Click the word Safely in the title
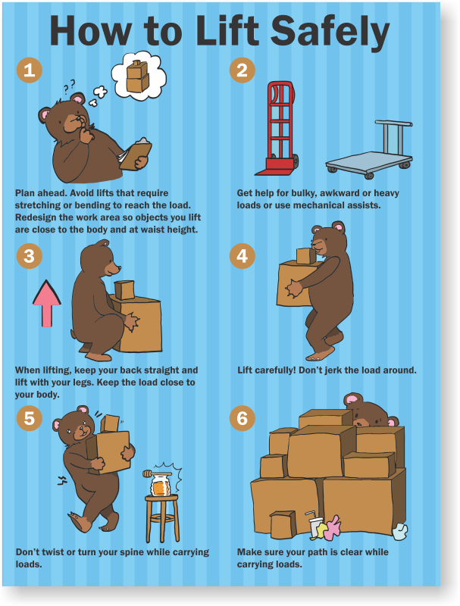tap(330, 31)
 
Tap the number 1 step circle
tap(30, 70)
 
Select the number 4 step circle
tap(242, 256)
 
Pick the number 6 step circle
tap(242, 418)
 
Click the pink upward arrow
tap(47, 304)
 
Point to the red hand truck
tap(277, 128)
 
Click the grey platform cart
tap(369, 149)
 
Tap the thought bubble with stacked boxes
tap(139, 76)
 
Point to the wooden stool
tap(162, 518)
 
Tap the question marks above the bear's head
tap(69, 86)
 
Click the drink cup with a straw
tap(314, 525)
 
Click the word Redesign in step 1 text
tap(36, 217)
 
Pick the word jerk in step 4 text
tap(333, 370)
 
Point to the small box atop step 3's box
tap(124, 290)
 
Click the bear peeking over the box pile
tap(368, 411)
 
